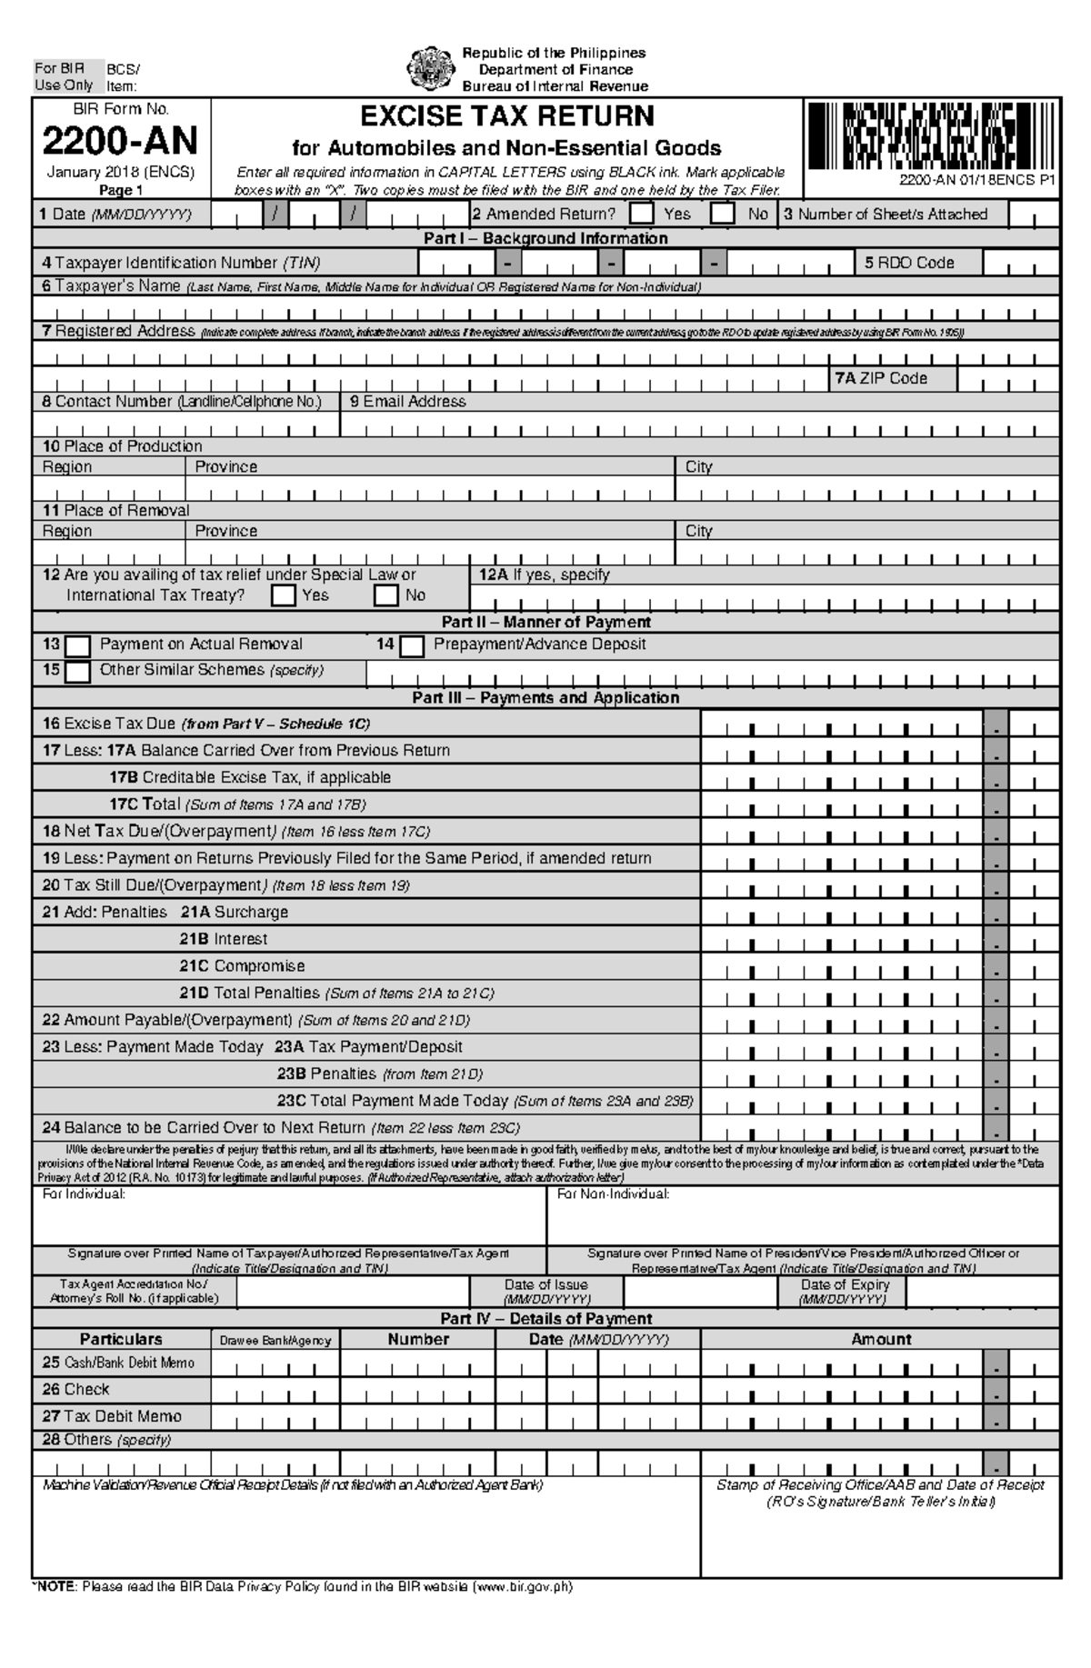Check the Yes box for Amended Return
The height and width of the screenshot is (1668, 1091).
642,215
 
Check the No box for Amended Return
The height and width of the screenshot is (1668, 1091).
723,215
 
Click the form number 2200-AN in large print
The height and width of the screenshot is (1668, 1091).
121,141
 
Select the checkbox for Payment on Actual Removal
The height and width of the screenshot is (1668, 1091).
78,645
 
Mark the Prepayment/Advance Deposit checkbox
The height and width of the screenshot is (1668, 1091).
413,645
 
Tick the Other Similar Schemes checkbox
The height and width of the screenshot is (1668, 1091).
78,672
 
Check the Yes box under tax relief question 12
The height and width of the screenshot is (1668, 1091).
284,595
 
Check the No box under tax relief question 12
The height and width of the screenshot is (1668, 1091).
387,595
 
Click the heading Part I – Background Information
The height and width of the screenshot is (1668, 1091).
545,238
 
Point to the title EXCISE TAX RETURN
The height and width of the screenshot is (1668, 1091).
507,116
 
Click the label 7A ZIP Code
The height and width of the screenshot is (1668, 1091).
881,378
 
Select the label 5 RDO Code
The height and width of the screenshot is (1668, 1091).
908,263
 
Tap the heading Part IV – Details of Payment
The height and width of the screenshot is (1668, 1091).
545,1318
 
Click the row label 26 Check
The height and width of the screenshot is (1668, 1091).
75,1389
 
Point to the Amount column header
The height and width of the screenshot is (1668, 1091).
880,1339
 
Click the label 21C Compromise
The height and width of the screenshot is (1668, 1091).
242,965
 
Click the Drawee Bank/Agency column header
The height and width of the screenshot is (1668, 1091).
275,1340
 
